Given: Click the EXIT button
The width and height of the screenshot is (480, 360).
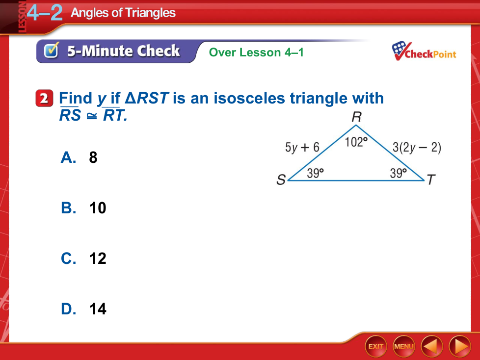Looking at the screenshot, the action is [375, 346].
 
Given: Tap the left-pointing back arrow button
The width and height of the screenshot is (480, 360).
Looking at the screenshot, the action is [432, 346].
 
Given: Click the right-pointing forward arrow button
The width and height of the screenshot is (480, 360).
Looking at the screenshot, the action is [460, 346].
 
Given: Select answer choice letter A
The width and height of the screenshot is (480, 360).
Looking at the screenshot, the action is [68, 157].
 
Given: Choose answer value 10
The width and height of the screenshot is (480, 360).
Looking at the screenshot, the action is [98, 208].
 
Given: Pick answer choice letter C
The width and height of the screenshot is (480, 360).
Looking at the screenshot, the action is [68, 258].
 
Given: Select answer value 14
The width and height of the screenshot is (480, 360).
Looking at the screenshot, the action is [98, 309].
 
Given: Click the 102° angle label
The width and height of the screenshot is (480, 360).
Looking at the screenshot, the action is [356, 142].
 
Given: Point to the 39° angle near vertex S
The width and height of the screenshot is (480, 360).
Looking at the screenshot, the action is [315, 173].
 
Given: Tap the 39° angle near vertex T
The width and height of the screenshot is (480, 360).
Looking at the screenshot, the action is [398, 173].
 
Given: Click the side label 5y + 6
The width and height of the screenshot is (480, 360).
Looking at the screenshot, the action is [302, 148].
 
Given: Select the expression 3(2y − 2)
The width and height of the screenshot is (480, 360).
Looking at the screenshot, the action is [417, 148].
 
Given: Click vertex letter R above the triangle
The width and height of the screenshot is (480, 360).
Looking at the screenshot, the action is [357, 117].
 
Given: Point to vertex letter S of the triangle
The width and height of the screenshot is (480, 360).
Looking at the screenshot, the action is [281, 180].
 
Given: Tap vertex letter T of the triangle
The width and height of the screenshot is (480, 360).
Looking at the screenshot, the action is [431, 180].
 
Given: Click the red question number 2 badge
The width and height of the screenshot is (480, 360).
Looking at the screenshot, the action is [44, 98].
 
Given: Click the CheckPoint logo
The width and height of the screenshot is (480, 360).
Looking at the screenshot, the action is [424, 51].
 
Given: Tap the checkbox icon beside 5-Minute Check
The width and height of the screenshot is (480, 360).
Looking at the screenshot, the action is [51, 51].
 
